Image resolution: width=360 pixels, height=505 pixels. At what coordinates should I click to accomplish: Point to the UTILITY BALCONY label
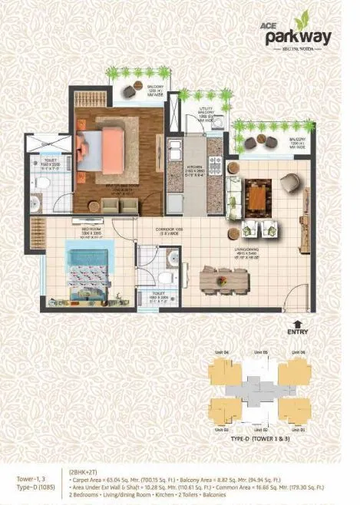tap(203, 114)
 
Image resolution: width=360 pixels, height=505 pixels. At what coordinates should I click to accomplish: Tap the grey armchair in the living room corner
tap(290, 183)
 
